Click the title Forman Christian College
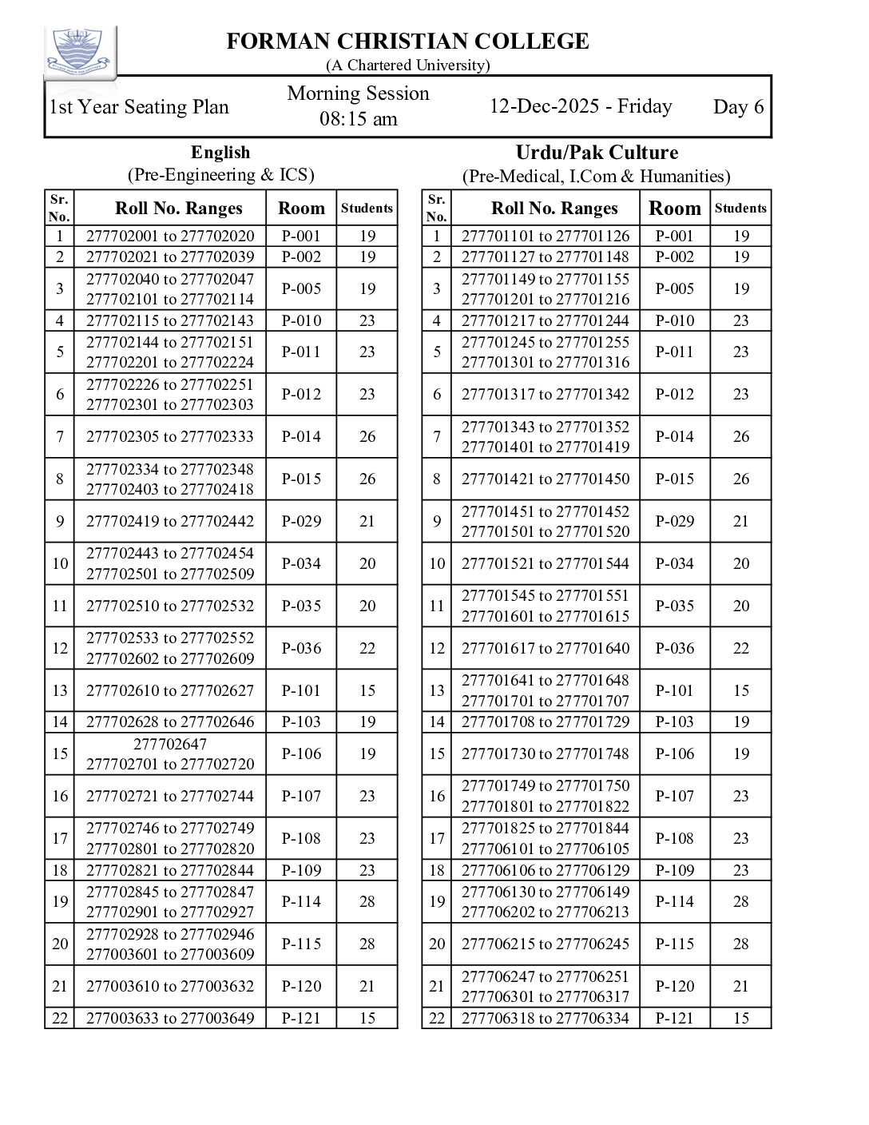click(x=407, y=42)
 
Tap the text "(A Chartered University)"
click(x=407, y=66)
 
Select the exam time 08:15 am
click(x=358, y=119)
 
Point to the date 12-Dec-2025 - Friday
click(x=581, y=106)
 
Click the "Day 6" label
click(x=738, y=107)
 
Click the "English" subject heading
click(x=220, y=153)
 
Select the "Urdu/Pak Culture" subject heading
click(x=597, y=153)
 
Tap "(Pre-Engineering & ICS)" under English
click(x=220, y=175)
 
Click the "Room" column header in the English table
click(x=301, y=209)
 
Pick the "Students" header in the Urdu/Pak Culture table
click(x=740, y=209)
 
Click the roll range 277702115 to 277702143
click(x=170, y=320)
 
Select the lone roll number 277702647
click(x=170, y=744)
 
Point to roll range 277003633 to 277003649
click(x=170, y=1018)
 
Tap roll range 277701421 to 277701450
click(x=546, y=479)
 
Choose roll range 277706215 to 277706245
click(x=546, y=944)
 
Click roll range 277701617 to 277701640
click(x=546, y=648)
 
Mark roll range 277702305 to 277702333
click(x=170, y=436)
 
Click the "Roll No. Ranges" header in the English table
click(x=178, y=209)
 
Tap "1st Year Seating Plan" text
click(x=139, y=107)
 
